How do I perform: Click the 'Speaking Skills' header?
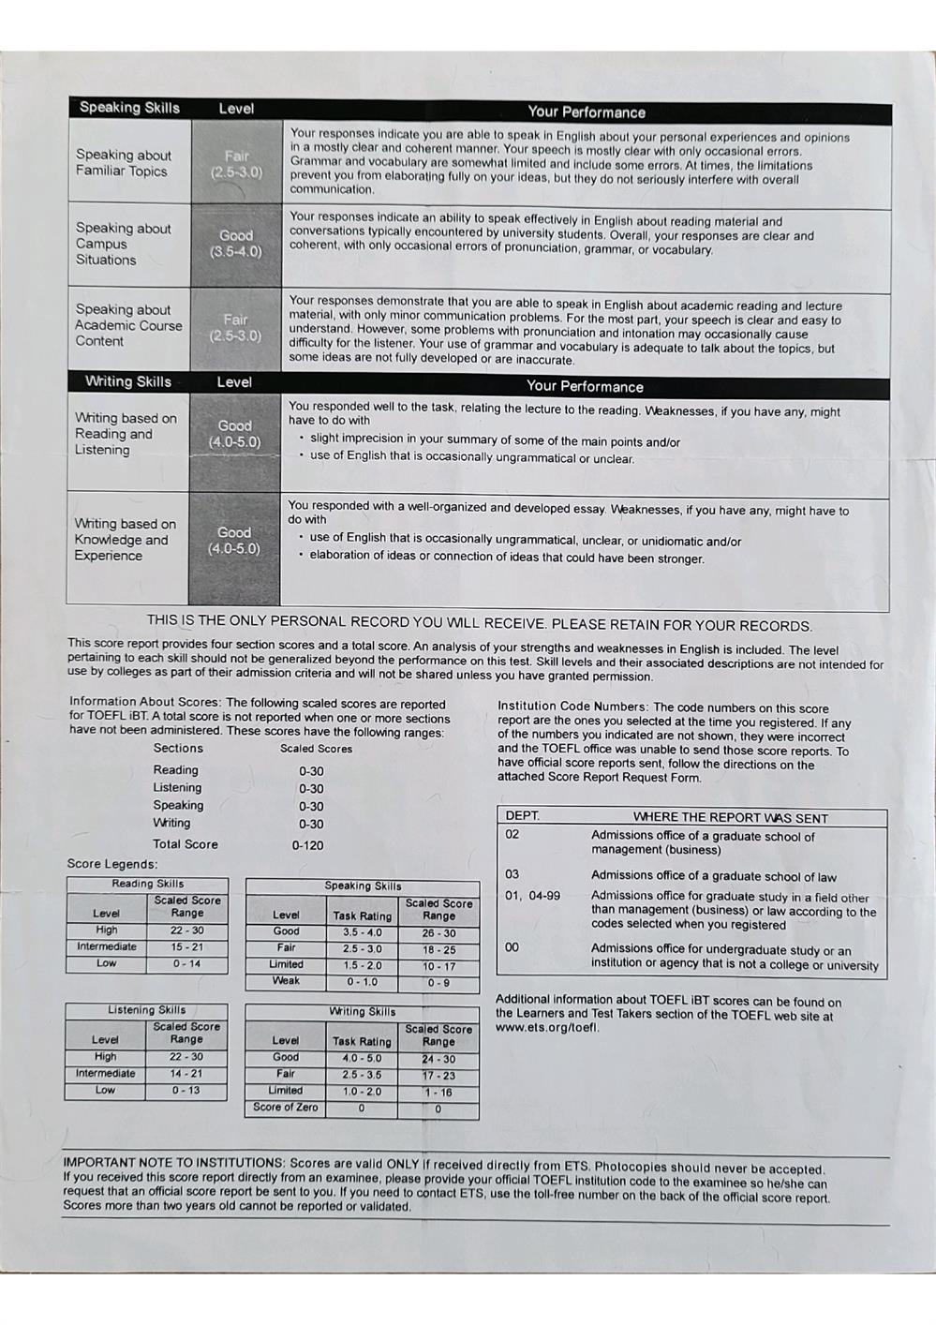point(129,108)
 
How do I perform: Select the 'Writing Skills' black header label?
point(128,381)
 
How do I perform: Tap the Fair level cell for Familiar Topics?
point(236,164)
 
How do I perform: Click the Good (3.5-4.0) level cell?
point(235,244)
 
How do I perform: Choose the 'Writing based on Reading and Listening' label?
point(126,434)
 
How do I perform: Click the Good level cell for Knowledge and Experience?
point(234,541)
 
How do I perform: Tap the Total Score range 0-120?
point(307,845)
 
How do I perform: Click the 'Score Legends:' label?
point(112,864)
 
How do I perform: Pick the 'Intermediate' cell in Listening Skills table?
point(105,1074)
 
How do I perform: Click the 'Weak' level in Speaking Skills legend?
point(286,981)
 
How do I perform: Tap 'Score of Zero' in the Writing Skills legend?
point(286,1108)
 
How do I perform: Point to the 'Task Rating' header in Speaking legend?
point(362,916)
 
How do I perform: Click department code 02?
point(513,834)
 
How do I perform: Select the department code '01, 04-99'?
point(532,896)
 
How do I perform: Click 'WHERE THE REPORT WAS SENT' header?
point(730,817)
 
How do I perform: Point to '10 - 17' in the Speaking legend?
point(438,966)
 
